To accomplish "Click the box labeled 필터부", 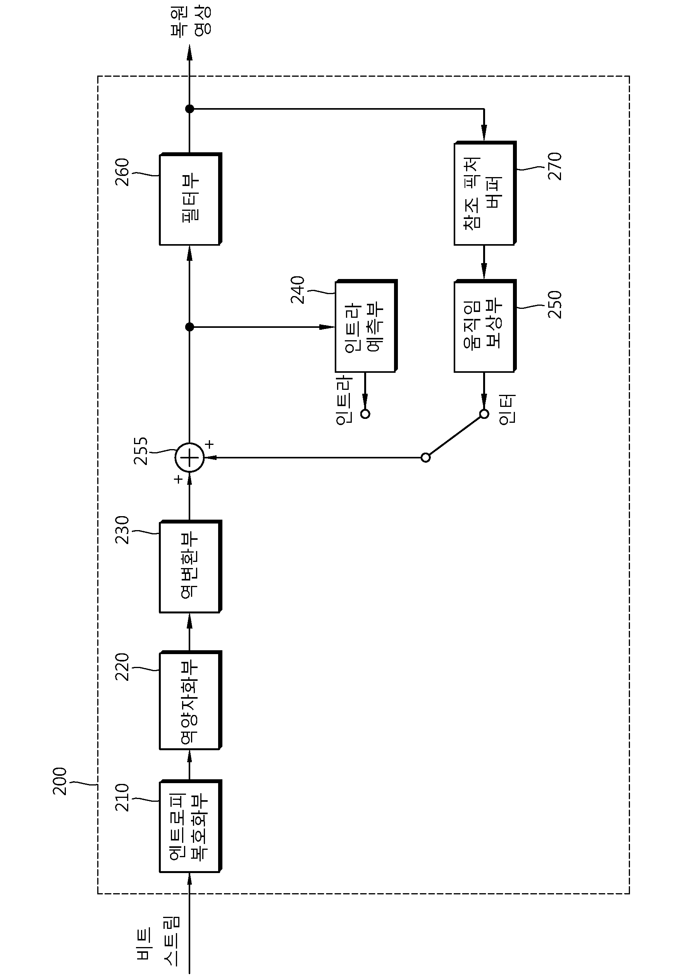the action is tap(191, 199).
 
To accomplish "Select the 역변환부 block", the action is tap(191, 566).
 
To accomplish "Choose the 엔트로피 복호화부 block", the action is tap(191, 826).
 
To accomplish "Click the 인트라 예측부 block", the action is tap(366, 326).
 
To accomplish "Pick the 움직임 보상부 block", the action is tap(485, 326).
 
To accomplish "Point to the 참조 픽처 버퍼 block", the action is tap(485, 193).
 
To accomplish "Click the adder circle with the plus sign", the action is tap(190, 458).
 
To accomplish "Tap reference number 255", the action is tap(141, 451).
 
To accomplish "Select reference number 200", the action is tap(60, 781).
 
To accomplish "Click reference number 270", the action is tap(554, 166).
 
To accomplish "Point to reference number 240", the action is tap(298, 290).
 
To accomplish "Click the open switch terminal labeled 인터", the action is tap(484, 414).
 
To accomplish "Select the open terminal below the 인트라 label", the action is tap(365, 414).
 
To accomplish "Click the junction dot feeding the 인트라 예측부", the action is tap(190, 327).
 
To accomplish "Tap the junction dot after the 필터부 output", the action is tap(190, 109).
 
